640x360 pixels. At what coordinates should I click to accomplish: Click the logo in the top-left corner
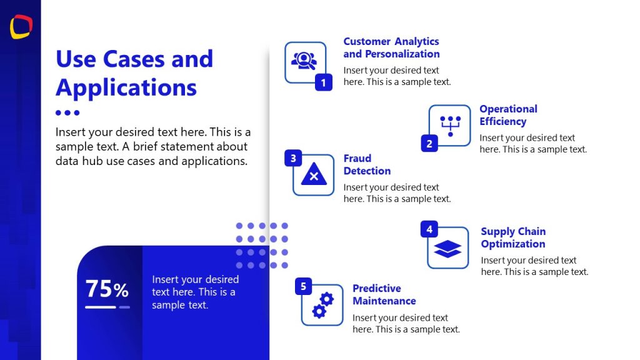(x=21, y=27)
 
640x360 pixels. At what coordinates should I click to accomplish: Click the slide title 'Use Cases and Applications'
(x=134, y=73)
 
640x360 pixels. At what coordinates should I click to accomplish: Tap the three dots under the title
(x=67, y=113)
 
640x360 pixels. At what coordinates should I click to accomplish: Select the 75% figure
(x=107, y=289)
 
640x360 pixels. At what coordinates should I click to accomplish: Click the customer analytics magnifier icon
(x=304, y=60)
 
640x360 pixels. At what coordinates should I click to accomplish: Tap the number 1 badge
(x=323, y=82)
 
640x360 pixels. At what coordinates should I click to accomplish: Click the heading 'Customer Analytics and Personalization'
(x=391, y=47)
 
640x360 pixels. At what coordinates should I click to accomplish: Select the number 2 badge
(x=429, y=144)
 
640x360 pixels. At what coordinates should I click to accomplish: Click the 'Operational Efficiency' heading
(x=508, y=115)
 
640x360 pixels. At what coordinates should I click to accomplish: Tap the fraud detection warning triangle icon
(x=314, y=176)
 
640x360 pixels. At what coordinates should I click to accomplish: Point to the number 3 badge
(x=293, y=158)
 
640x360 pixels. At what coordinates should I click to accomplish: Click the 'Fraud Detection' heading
(x=367, y=164)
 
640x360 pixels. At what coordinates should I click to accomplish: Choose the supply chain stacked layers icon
(x=447, y=249)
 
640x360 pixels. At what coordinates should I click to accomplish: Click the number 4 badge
(x=429, y=229)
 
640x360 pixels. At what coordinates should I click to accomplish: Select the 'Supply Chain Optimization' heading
(x=513, y=237)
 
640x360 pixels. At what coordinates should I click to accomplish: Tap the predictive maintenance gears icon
(x=322, y=306)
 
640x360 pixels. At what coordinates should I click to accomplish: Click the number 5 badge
(x=303, y=286)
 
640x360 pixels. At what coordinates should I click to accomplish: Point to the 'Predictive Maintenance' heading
(x=384, y=294)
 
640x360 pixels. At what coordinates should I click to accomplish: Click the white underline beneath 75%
(x=101, y=307)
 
